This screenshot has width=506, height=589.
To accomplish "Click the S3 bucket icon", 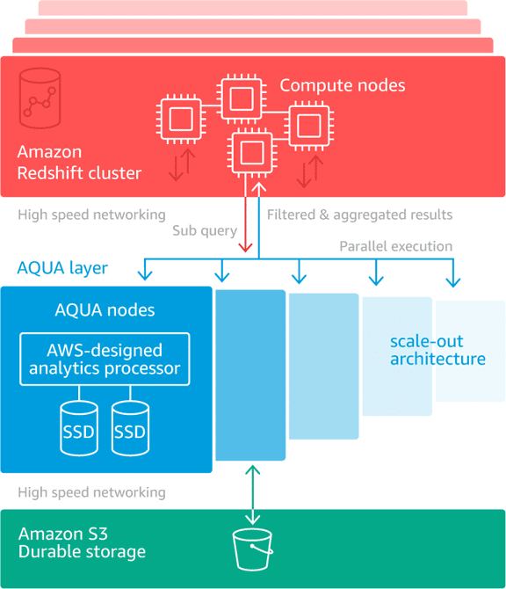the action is (x=253, y=549).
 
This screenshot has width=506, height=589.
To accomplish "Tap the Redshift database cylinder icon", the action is (x=40, y=98).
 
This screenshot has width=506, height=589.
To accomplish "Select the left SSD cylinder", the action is (x=79, y=428).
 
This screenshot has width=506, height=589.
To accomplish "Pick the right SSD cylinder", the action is (x=130, y=428).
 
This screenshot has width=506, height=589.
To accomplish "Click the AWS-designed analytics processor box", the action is (x=105, y=359).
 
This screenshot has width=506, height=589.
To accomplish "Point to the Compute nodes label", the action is (x=343, y=85).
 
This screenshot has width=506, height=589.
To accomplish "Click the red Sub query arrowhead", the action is (x=245, y=247).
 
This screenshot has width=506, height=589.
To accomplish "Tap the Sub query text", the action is (x=205, y=230).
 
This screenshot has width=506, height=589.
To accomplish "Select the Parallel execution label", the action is (x=395, y=246).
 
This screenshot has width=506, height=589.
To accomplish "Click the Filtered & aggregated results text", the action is (x=359, y=215).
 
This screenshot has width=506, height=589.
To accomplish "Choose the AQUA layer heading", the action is (x=62, y=268).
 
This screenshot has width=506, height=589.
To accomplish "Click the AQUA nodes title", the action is (x=105, y=310).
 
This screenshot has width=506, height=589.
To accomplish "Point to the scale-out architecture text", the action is (x=437, y=350).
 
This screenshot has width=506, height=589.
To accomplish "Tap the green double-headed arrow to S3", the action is (x=253, y=495).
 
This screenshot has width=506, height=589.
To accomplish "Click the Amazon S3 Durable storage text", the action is (x=82, y=542).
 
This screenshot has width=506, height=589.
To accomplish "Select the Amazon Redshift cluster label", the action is (x=79, y=163).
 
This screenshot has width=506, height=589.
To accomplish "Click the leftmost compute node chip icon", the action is (x=181, y=119).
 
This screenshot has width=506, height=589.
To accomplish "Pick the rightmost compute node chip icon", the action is (x=309, y=126).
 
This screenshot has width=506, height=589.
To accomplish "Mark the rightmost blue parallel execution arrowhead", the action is (x=453, y=281).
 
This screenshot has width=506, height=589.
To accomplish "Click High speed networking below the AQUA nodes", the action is (x=91, y=492).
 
